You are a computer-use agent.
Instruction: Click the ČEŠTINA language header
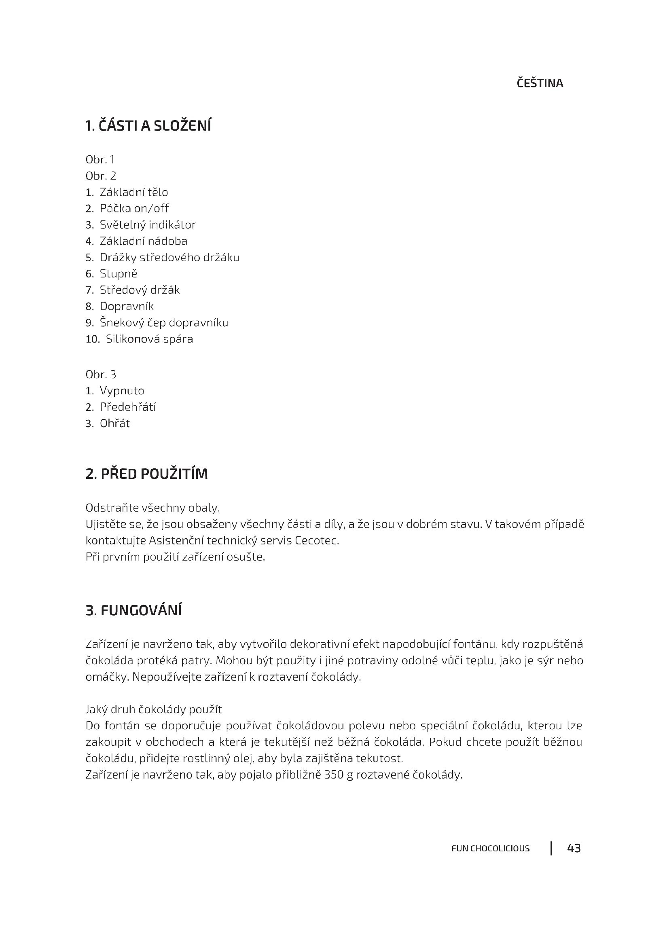540,83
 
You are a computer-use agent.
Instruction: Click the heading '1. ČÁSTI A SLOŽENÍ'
148,126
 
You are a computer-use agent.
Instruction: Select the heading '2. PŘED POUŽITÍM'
147,474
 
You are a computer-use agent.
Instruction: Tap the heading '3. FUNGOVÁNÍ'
133,610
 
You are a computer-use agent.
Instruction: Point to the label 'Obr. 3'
101,375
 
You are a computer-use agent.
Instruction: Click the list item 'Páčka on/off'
134,208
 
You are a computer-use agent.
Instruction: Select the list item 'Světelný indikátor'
148,224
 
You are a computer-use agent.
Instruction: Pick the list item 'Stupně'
118,273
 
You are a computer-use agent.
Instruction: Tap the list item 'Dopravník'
127,306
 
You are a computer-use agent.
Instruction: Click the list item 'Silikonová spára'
149,339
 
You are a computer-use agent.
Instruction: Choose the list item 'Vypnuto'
121,391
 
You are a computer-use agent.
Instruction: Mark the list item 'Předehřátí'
128,407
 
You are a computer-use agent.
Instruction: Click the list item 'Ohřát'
114,423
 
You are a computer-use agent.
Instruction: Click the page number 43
574,848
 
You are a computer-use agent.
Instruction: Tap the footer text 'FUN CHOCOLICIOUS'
490,849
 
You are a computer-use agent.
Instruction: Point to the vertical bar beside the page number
551,848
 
